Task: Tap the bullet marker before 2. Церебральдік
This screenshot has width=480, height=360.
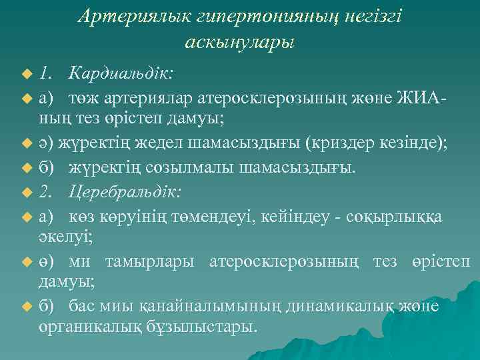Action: click(x=27, y=193)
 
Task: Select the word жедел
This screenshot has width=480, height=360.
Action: click(x=167, y=141)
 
